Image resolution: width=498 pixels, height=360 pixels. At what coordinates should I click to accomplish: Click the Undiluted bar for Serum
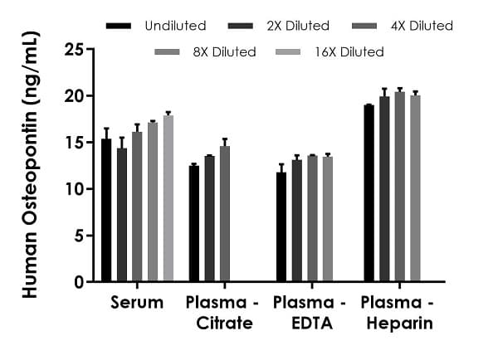106,211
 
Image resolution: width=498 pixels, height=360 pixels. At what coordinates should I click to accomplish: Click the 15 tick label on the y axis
76,143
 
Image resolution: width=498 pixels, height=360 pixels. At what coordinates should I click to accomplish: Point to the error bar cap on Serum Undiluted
106,129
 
